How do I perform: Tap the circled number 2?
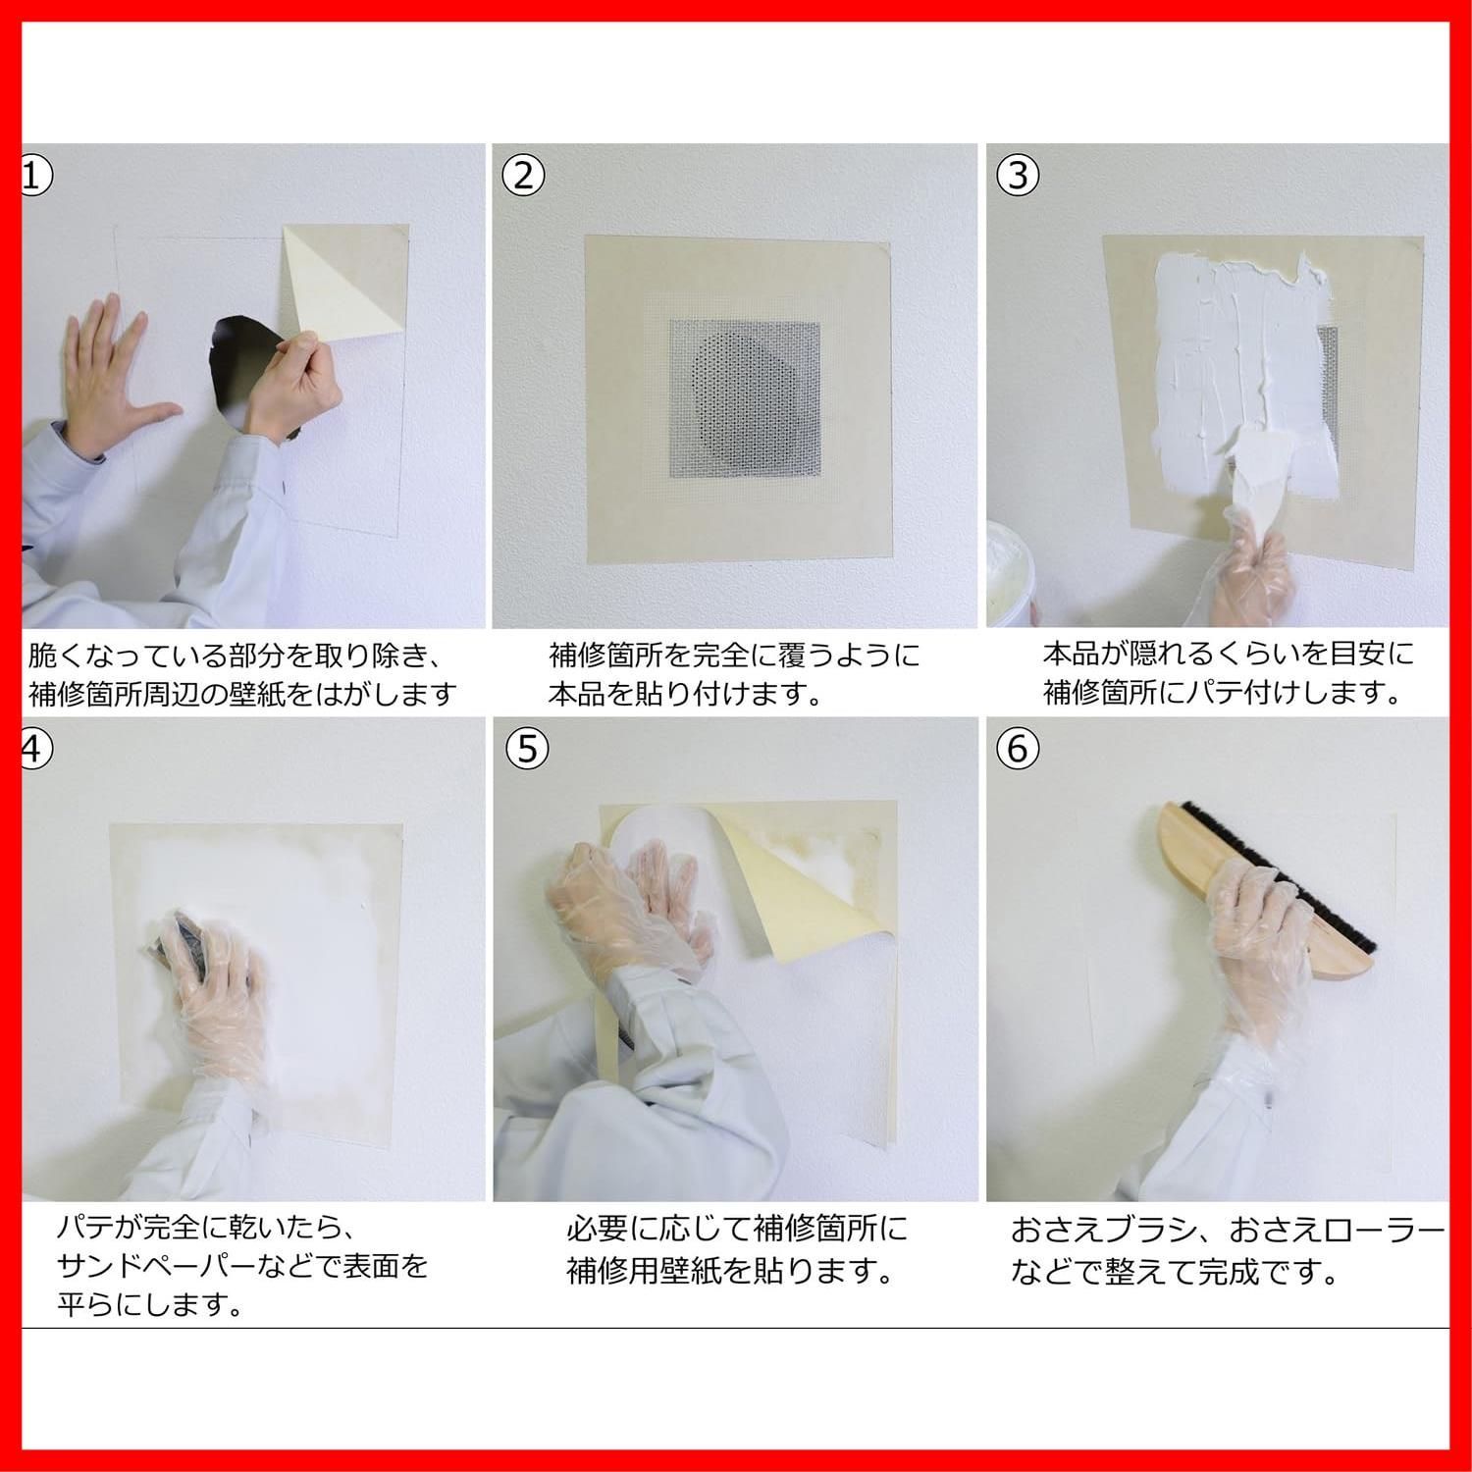click(x=522, y=176)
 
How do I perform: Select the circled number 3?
click(x=1017, y=176)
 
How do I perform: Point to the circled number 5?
click(x=527, y=749)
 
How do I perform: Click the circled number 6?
click(x=1017, y=749)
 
